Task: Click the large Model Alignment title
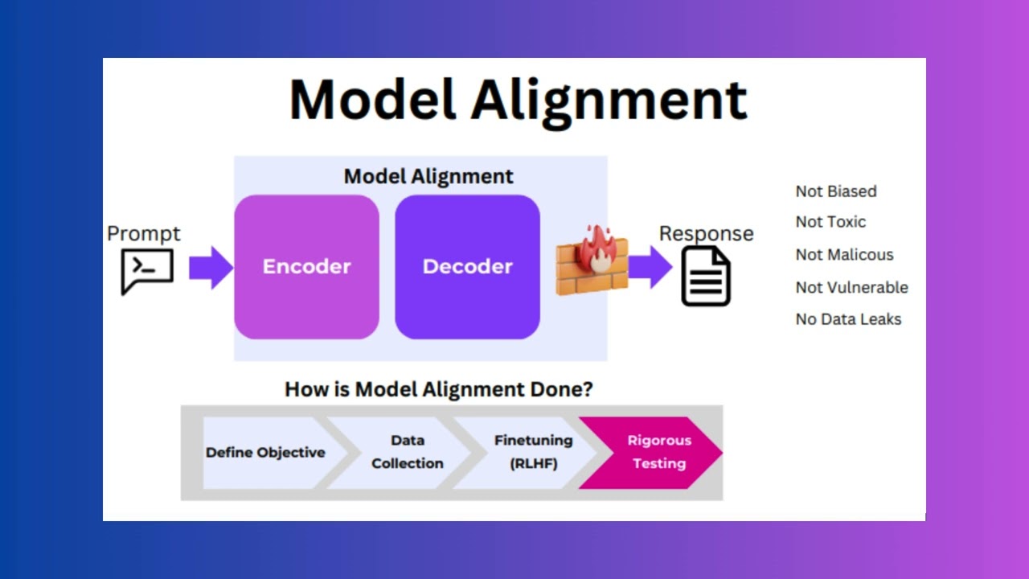click(x=518, y=100)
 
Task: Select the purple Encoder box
click(x=306, y=266)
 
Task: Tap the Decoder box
click(x=467, y=266)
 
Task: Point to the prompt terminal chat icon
click(x=147, y=270)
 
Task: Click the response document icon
click(x=706, y=276)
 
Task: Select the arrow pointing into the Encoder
click(x=210, y=267)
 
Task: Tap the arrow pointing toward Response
click(x=650, y=267)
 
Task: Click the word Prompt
click(x=144, y=233)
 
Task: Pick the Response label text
click(x=706, y=233)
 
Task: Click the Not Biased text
click(x=836, y=191)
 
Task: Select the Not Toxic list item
click(x=830, y=222)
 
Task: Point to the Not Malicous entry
click(x=844, y=255)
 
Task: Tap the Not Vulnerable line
click(x=851, y=287)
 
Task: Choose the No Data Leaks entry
click(x=848, y=319)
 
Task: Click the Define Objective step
click(x=265, y=452)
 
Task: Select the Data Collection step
click(x=407, y=452)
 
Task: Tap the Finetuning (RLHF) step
click(x=533, y=452)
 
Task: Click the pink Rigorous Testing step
click(x=658, y=452)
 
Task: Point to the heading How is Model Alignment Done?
click(x=439, y=390)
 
